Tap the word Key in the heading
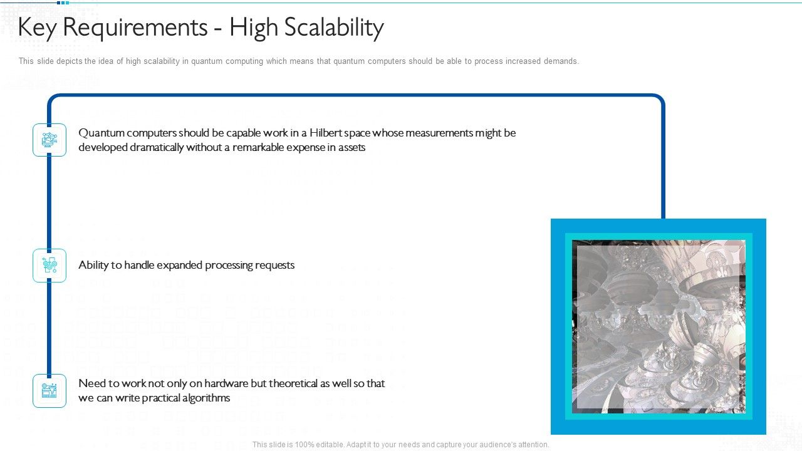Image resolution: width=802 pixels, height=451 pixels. point(39,28)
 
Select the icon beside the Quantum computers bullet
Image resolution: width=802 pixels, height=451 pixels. point(49,140)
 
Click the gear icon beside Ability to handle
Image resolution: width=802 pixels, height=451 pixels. point(49,266)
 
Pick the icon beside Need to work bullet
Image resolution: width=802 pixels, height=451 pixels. point(49,391)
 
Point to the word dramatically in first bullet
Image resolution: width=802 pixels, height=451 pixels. point(157,147)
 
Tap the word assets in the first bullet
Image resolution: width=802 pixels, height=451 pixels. point(352,147)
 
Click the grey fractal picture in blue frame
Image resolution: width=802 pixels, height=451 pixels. point(659,326)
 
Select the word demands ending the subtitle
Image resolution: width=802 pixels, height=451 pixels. point(562,61)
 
